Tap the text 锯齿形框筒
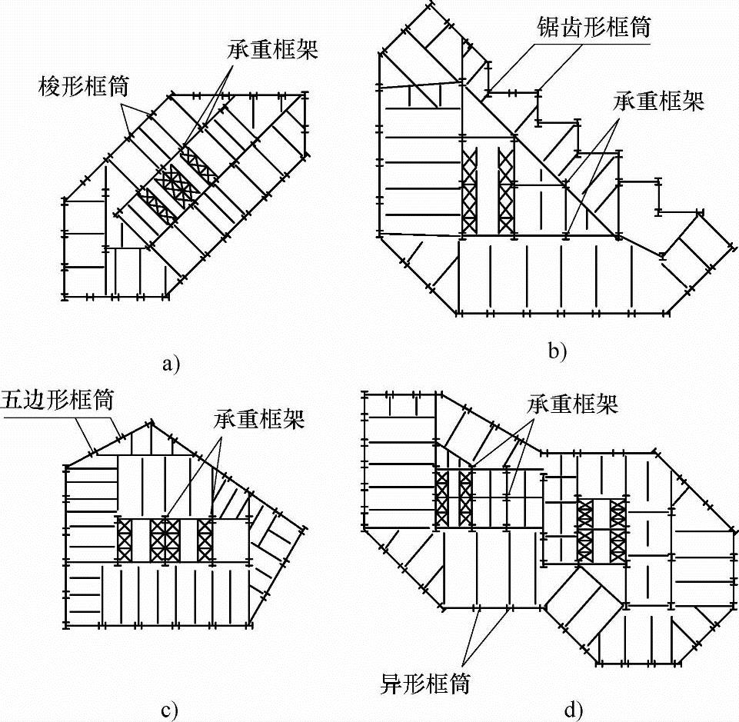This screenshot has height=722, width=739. [594, 28]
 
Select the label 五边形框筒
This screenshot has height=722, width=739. [58, 401]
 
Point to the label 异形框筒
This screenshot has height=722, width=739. [426, 682]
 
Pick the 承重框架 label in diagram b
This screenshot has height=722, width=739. [658, 101]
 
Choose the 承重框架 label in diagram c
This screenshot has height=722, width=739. [258, 420]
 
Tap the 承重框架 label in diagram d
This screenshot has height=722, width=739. [573, 404]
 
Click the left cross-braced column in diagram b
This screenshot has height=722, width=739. [468, 191]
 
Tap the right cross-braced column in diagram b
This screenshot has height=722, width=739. [505, 191]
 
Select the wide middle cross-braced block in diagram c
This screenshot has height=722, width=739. [165, 540]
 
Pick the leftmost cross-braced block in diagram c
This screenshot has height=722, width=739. [123, 540]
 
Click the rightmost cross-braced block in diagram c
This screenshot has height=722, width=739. [205, 540]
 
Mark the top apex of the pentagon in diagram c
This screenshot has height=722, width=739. [151, 422]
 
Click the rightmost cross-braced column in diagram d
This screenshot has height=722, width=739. [617, 530]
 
